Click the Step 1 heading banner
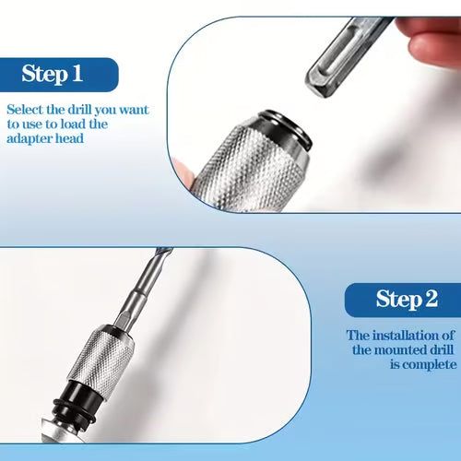coord(59,74)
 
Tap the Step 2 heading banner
coord(404,300)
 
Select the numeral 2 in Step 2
coord(431,300)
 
